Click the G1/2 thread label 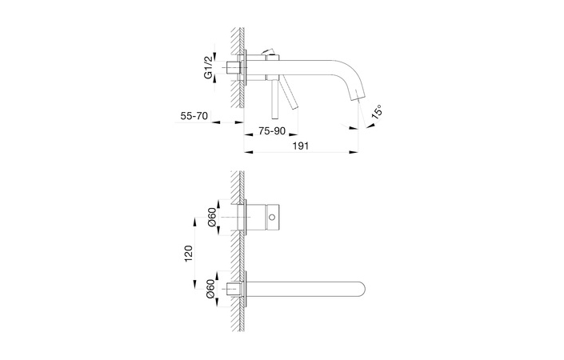pos(208,67)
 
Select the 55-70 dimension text pos(194,116)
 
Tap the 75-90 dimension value pos(271,131)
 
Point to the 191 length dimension pos(301,146)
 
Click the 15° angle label pos(377,111)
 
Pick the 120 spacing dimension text pos(189,253)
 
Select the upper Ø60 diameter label pos(211,218)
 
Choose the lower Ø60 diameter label pos(211,289)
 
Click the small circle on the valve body pos(272,218)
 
